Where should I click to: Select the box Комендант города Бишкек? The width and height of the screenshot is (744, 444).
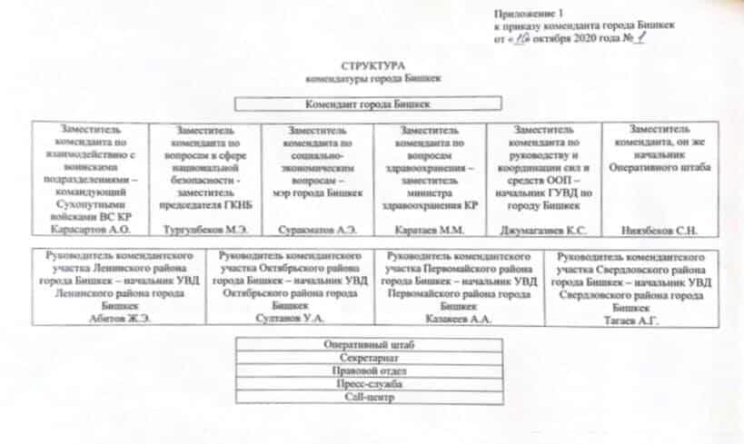(367, 105)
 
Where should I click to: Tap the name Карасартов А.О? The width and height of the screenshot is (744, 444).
(85, 232)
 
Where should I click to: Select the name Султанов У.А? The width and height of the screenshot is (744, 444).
(289, 318)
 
